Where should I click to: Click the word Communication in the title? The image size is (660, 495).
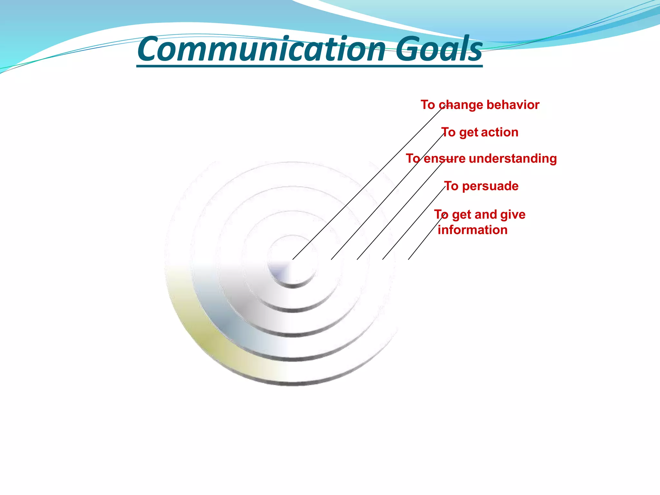pos(261,49)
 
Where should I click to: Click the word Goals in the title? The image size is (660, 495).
pos(439,49)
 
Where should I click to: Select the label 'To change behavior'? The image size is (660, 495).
pos(480,105)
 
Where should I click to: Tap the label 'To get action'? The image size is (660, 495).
pos(480,132)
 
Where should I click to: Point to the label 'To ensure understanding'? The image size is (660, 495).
pos(481,159)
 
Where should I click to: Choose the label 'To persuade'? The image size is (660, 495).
pos(481,186)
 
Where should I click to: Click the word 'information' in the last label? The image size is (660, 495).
pos(472,230)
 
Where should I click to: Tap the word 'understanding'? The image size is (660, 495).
pos(513,159)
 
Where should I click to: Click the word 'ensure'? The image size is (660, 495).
pos(444,159)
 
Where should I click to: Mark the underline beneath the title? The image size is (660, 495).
pos(309,66)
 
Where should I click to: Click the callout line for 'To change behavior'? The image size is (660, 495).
pos(367,184)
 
